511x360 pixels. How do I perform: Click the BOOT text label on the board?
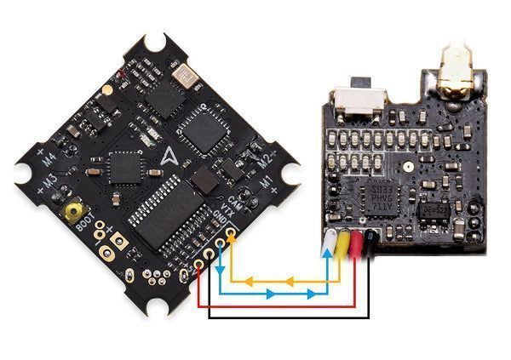point(85,228)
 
